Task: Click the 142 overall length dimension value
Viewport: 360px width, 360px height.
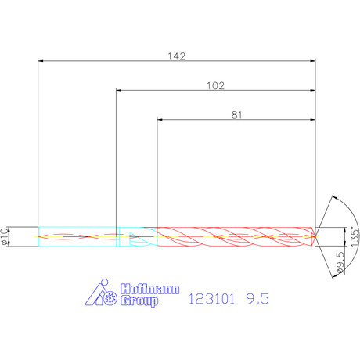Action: (x=177, y=56)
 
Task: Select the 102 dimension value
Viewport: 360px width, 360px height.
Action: (x=215, y=86)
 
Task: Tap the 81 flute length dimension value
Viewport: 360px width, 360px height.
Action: (x=236, y=115)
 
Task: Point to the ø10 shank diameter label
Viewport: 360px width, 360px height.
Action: (x=5, y=236)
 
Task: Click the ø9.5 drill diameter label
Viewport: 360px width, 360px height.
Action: (x=340, y=262)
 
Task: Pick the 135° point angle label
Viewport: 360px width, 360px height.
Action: (x=355, y=237)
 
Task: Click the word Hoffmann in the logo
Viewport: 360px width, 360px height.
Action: (x=150, y=290)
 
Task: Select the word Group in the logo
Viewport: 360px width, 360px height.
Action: (x=139, y=301)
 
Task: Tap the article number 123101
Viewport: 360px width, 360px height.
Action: (x=211, y=299)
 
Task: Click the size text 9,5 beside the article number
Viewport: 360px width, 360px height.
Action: (x=257, y=299)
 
